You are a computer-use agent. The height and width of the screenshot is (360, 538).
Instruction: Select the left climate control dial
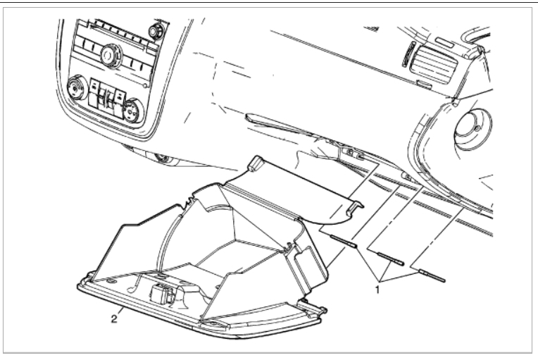pos(75,90)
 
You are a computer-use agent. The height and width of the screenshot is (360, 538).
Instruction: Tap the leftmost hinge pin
pos(344,242)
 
